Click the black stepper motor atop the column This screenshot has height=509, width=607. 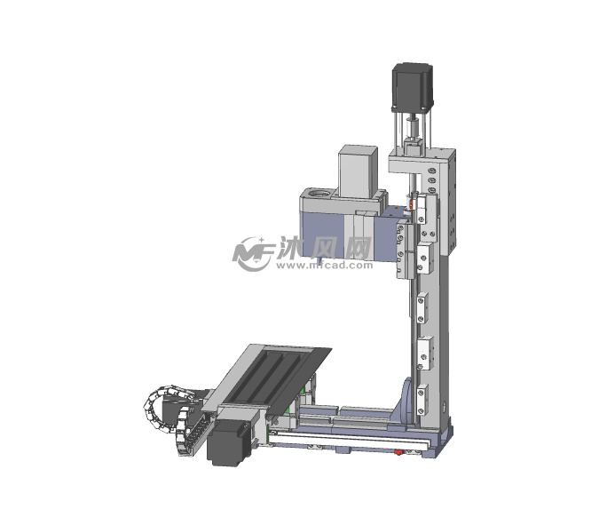(x=413, y=87)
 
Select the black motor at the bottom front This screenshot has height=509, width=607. (x=229, y=442)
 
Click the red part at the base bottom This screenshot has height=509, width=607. (x=398, y=452)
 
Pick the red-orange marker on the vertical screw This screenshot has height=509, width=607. (x=413, y=204)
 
